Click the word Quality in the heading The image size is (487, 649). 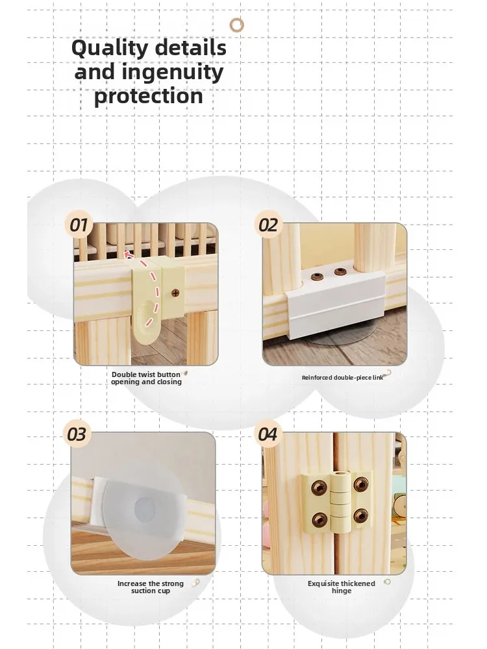[109, 49]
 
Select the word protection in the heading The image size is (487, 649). [149, 96]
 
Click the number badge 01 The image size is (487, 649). [79, 225]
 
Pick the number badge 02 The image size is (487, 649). [268, 225]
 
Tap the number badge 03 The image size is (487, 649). [77, 435]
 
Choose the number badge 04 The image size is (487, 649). [268, 435]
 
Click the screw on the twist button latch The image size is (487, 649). [175, 293]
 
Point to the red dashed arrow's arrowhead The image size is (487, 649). [129, 254]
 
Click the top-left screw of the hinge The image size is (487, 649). [318, 486]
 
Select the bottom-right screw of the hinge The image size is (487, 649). [360, 515]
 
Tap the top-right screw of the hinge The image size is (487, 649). [360, 484]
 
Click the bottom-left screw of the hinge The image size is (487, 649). [319, 519]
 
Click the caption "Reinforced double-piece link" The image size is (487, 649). [342, 378]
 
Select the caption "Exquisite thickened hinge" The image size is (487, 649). [342, 587]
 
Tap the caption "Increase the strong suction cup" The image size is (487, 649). [151, 587]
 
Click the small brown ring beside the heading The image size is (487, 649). [237, 25]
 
